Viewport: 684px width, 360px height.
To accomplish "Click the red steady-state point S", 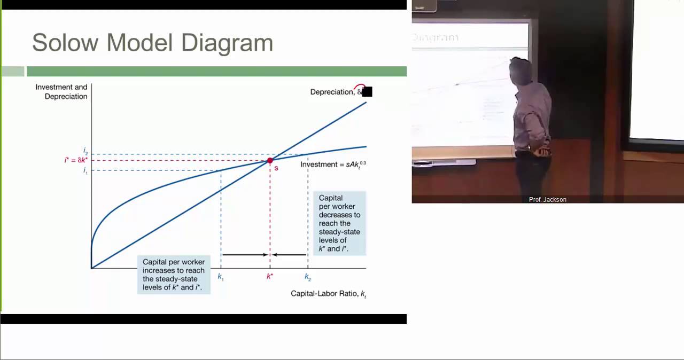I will coord(270,160).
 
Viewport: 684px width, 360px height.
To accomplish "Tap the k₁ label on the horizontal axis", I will coord(221,277).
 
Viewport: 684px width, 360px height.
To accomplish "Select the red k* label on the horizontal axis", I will coord(270,276).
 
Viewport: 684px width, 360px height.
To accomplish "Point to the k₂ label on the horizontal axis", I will coord(308,277).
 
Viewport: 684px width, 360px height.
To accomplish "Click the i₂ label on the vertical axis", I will coord(85,151).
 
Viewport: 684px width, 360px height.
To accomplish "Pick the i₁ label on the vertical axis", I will coord(85,171).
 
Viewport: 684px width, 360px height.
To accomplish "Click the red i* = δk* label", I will coord(76,160).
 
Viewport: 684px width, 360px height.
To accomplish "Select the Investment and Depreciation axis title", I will coord(61,91).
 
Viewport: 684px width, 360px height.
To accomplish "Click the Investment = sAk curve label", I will coord(333,164).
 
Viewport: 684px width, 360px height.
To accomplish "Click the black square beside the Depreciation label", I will coord(367,92).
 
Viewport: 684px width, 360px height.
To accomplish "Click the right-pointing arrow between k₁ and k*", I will coord(245,255).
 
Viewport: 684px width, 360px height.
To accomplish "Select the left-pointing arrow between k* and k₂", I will coord(289,255).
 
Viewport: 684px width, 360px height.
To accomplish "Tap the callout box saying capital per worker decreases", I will coord(339,223).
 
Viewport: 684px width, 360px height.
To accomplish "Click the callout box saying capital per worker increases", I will coord(174,275).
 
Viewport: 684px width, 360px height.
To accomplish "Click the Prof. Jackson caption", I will coord(547,199).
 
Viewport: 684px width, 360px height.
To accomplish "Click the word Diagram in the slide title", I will coord(227,43).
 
